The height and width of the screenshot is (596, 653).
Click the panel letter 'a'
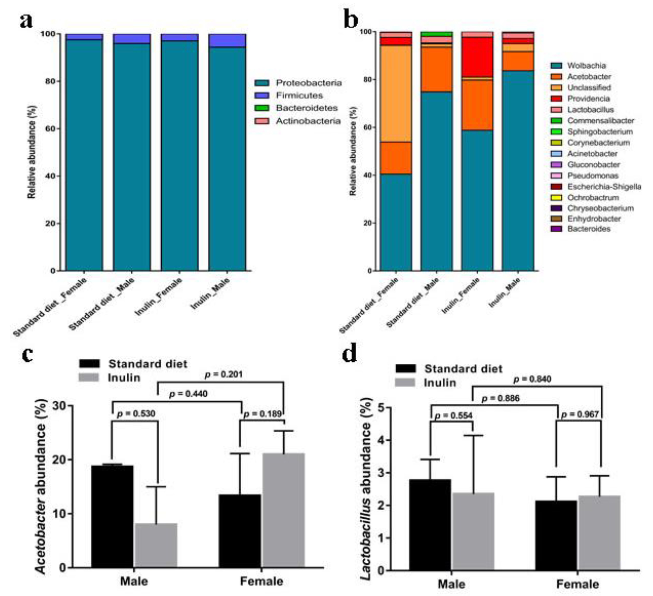[x=26, y=21]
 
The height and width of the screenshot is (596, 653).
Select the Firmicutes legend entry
[x=299, y=95]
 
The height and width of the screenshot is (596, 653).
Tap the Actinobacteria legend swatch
[x=261, y=121]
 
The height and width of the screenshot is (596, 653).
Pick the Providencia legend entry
[x=588, y=99]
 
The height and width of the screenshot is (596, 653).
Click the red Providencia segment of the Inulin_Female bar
[x=477, y=57]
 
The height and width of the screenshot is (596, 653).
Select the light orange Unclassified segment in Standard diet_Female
[x=396, y=94]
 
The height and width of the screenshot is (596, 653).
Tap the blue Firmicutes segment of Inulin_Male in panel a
[x=227, y=40]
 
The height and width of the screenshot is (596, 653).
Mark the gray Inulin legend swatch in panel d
[x=405, y=383]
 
